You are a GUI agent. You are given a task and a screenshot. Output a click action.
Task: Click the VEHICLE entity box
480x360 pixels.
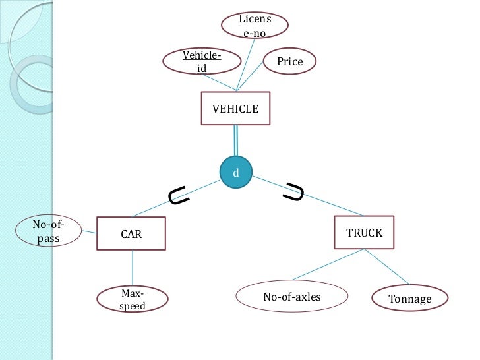coord(235,109)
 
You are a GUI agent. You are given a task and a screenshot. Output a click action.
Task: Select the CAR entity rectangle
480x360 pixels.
coord(131,233)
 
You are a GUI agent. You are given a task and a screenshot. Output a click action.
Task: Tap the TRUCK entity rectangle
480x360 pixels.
coord(364,233)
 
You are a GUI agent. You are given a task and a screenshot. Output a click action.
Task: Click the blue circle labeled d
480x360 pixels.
coord(236,173)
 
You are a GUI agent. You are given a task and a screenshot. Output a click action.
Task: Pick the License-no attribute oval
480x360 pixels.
coord(254,26)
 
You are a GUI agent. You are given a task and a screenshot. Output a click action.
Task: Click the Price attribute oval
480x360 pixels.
coord(289,62)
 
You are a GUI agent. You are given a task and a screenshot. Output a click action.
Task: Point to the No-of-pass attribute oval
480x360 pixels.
coord(47,231)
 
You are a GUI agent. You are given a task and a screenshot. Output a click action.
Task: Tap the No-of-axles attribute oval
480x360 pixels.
coord(291,297)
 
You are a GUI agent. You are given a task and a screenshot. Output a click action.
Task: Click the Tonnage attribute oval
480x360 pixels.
coord(409,299)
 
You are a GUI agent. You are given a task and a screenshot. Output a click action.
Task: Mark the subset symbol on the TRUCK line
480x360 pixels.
coord(294,193)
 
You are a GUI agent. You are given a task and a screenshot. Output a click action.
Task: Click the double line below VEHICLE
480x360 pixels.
coord(235,142)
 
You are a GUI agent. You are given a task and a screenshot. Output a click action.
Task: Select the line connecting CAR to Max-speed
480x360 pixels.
coord(133,268)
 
